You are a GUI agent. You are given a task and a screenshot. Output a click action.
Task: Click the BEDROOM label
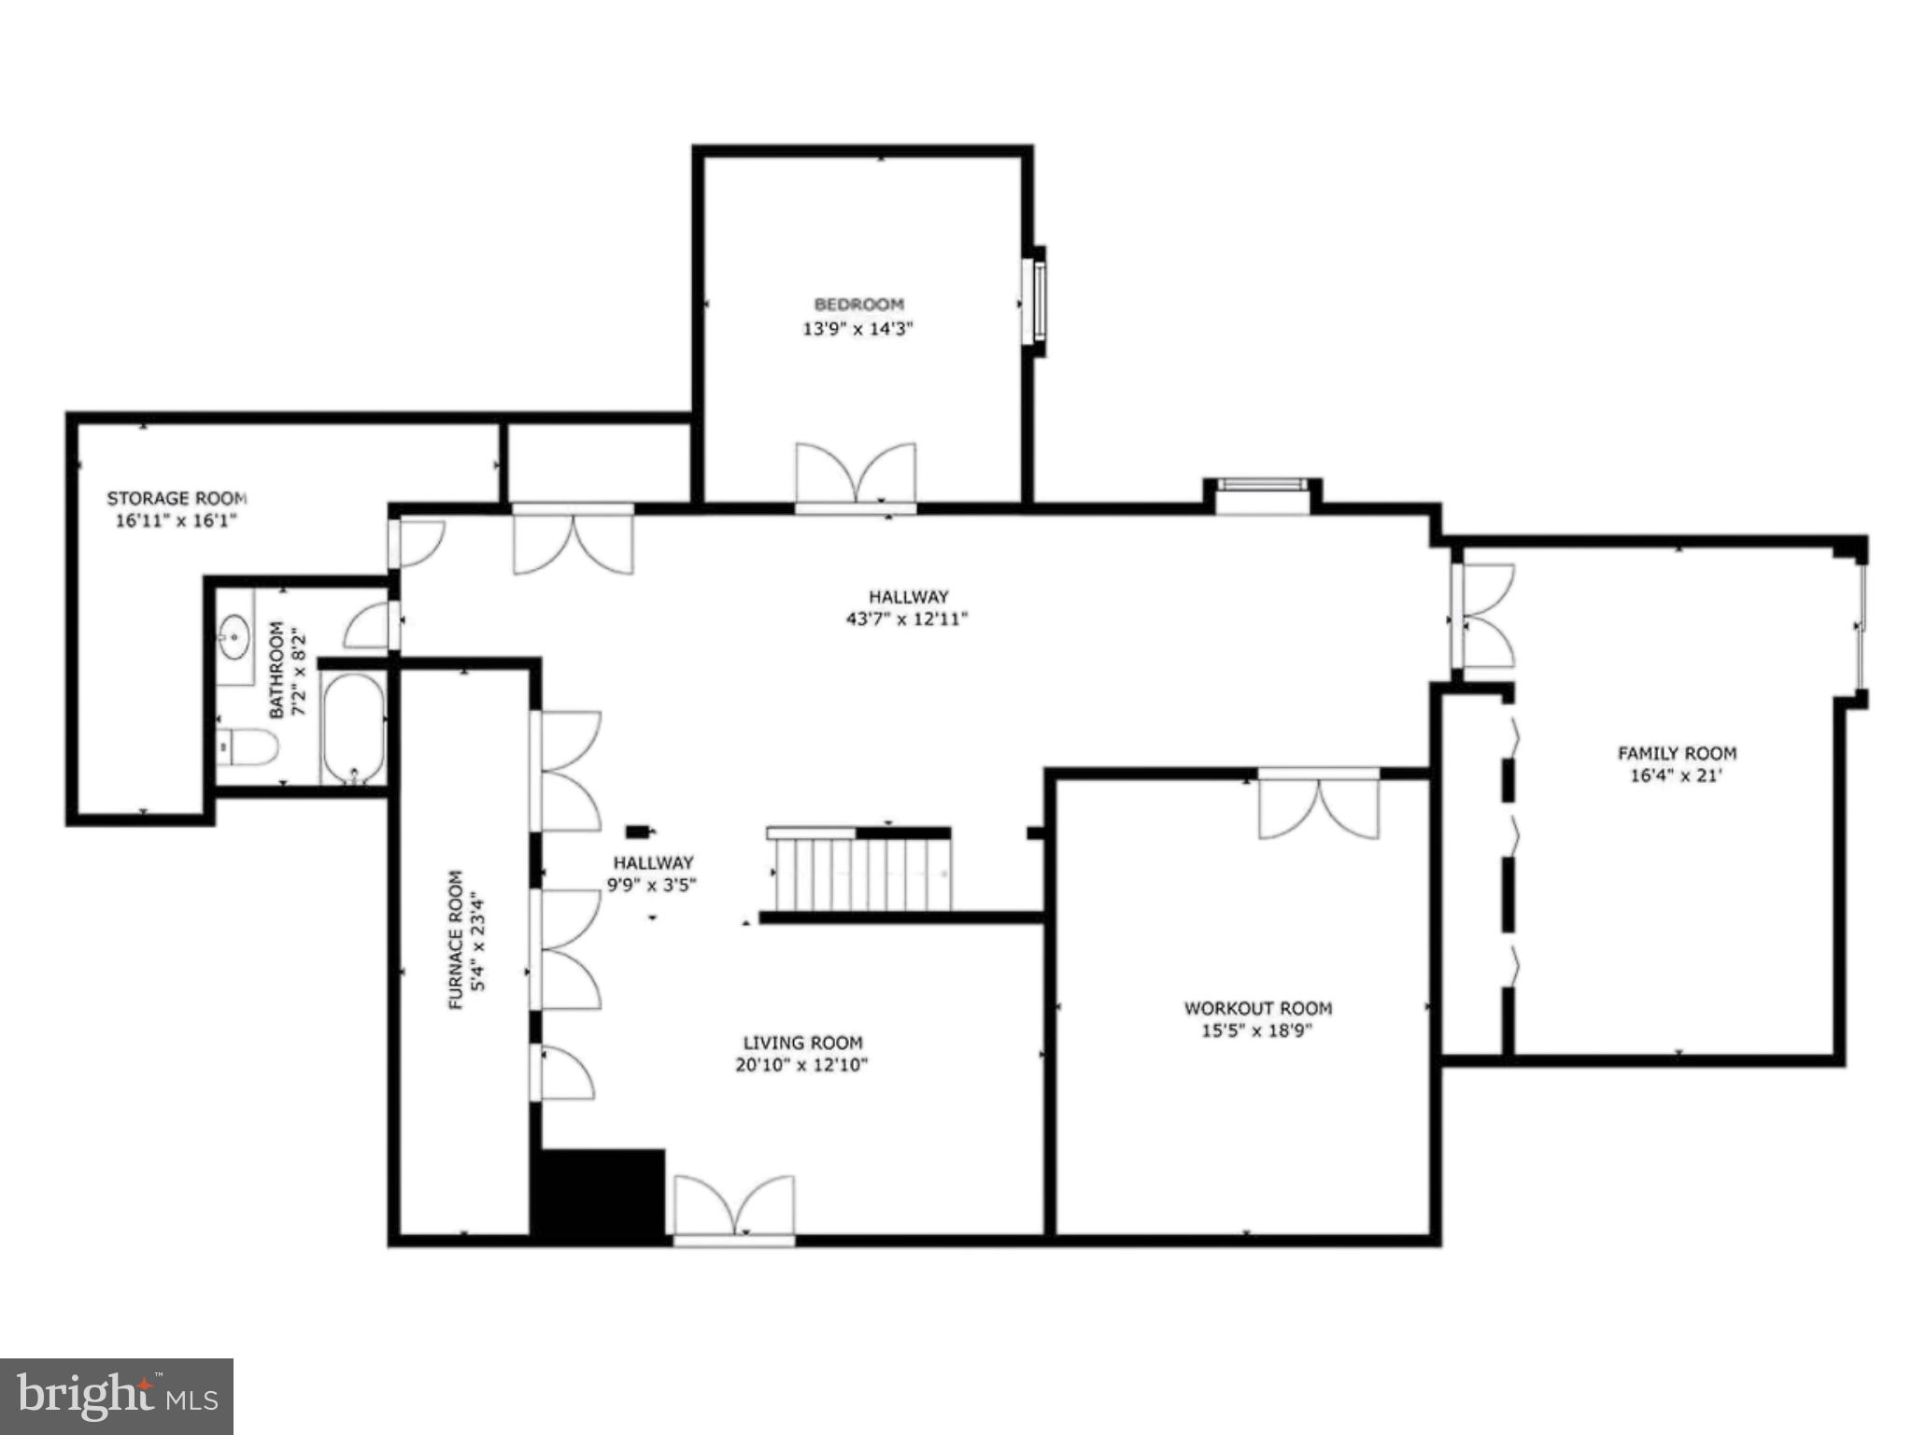(x=858, y=305)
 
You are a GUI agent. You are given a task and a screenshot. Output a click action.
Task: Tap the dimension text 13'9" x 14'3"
(x=857, y=329)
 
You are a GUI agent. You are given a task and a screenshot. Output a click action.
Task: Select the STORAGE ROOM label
(x=177, y=499)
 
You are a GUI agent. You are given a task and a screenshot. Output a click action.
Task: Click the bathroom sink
(x=234, y=638)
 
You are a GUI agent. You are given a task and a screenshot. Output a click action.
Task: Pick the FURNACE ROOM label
(x=456, y=940)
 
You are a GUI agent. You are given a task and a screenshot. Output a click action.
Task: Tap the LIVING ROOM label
(x=802, y=1043)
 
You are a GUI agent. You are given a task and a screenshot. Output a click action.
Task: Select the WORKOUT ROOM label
(x=1257, y=1009)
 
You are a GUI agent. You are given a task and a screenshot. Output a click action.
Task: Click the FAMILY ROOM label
(x=1677, y=753)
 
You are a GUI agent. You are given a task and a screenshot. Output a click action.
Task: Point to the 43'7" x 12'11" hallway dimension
(x=907, y=618)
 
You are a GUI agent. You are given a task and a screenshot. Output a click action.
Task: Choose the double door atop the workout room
(x=1318, y=804)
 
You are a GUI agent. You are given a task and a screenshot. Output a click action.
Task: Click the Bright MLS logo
(x=117, y=1396)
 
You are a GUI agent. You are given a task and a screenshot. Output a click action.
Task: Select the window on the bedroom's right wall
(x=1037, y=302)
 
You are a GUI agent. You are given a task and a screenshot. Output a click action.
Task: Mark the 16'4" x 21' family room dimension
(x=1676, y=775)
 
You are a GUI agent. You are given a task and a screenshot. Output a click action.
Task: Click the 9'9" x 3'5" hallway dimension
(x=652, y=885)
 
